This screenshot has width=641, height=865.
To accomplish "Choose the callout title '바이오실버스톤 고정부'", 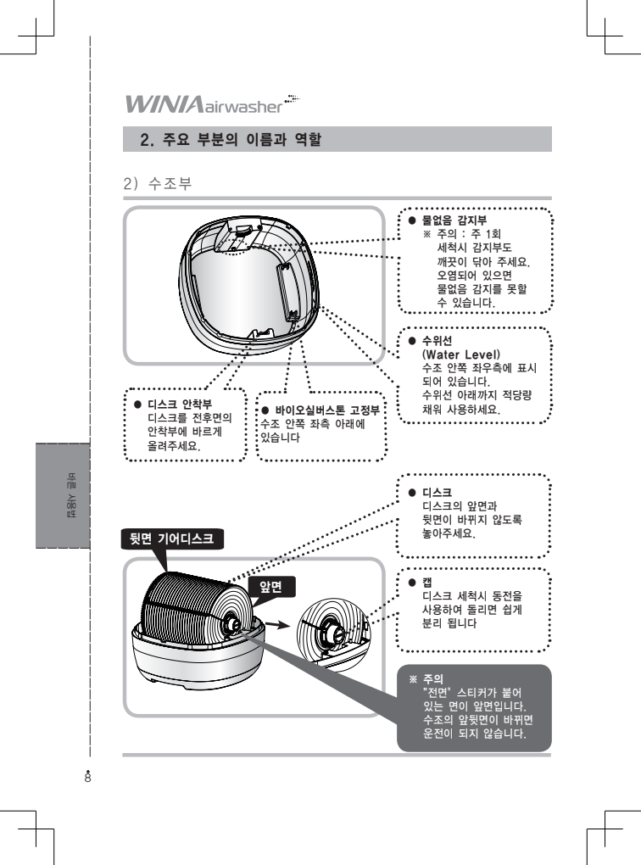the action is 326,410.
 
